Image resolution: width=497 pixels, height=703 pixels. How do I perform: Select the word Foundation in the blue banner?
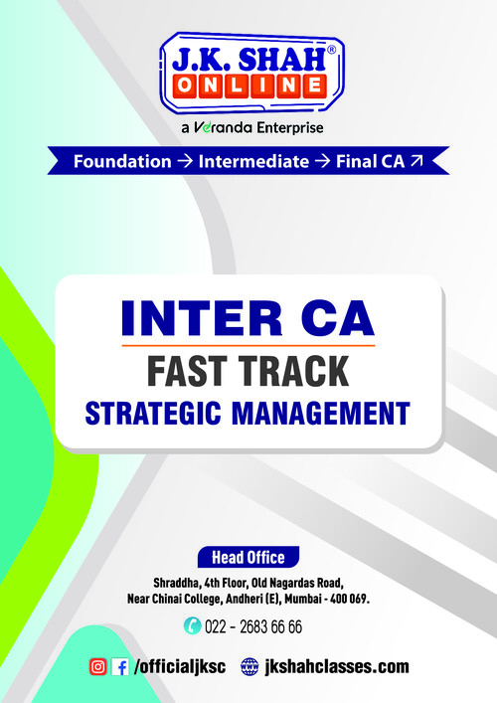click(122, 161)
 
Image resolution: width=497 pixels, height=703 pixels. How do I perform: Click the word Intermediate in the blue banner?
click(252, 161)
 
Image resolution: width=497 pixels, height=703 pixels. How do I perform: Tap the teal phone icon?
click(192, 626)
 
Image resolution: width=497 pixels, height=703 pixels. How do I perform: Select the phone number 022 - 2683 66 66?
click(253, 626)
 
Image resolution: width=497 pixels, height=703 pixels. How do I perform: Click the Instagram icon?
click(98, 667)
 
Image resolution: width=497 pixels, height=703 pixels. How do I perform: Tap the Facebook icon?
click(120, 667)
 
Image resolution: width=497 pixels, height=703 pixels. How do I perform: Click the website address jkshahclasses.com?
click(336, 667)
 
